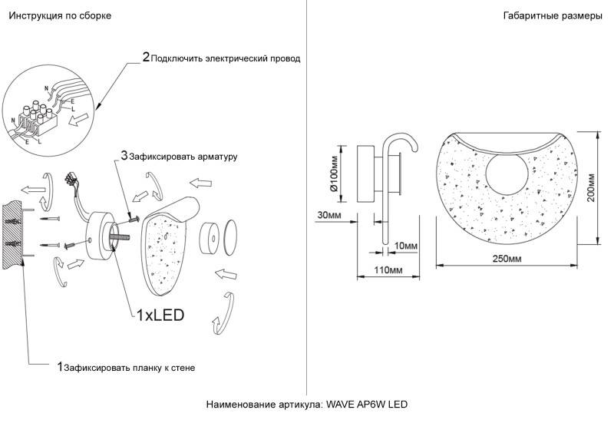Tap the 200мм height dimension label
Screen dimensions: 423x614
(590, 187)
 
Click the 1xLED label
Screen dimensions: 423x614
(160, 315)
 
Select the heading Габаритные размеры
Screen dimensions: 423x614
(553, 16)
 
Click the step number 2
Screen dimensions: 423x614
(146, 57)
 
